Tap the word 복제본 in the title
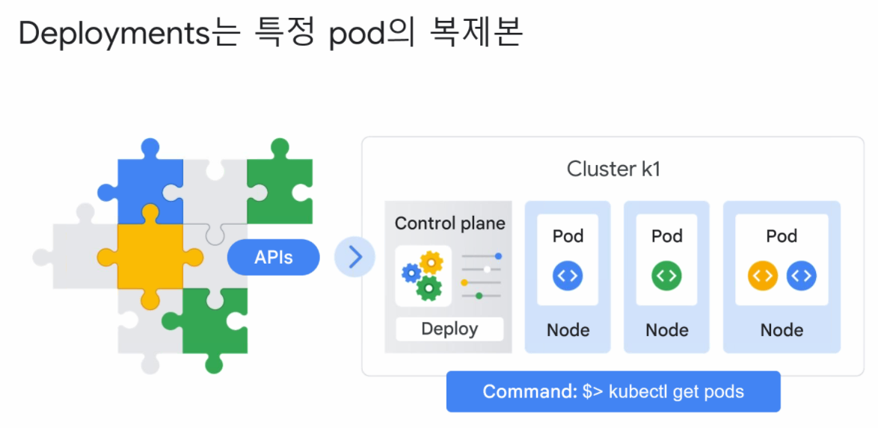pos(476,33)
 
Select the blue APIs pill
pos(273,258)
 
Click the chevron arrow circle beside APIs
pos(354,258)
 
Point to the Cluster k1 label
pos(613,169)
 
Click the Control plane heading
pos(449,224)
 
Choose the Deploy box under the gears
pos(449,329)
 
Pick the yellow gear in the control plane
pos(432,262)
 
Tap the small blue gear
pos(411,273)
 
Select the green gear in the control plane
pos(429,288)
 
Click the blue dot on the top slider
pos(498,256)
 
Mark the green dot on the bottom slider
pos(479,296)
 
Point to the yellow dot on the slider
pos(464,282)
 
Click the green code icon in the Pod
pos(666,276)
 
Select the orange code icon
pos(763,276)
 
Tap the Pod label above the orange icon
pos(782,236)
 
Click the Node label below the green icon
pos(666,330)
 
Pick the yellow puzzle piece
pos(150,256)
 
